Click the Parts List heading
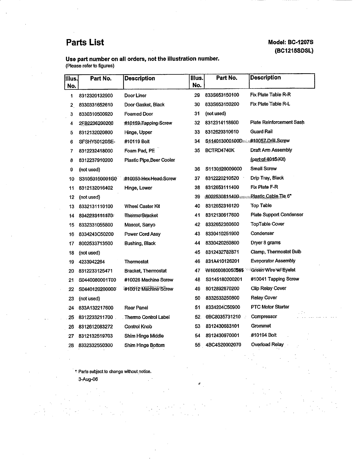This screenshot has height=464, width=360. [x=85, y=42]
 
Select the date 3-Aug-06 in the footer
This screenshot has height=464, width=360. [x=88, y=379]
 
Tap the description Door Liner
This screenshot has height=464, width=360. [x=135, y=96]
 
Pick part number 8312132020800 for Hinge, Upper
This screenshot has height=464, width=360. [x=96, y=132]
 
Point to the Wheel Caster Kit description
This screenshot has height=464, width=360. [x=142, y=206]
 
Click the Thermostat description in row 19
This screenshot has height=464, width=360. [x=136, y=262]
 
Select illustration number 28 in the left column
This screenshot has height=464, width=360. [x=71, y=345]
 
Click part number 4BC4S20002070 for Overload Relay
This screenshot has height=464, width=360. [x=223, y=345]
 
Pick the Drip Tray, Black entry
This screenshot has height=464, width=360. [x=267, y=178]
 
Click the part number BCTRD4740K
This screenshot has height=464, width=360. [x=220, y=150]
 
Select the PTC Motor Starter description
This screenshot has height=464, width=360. [x=270, y=307]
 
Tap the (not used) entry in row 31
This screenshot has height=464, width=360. [x=215, y=114]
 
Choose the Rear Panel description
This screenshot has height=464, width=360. [x=136, y=308]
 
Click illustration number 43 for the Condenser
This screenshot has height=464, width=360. [x=197, y=233]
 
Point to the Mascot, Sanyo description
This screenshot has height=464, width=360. [x=140, y=225]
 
